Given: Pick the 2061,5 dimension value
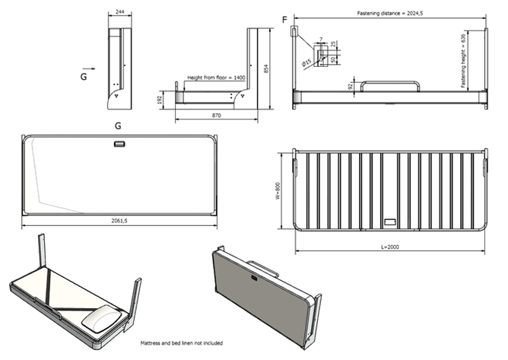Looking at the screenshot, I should (x=121, y=221).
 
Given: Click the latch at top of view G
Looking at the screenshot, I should (x=119, y=145).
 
